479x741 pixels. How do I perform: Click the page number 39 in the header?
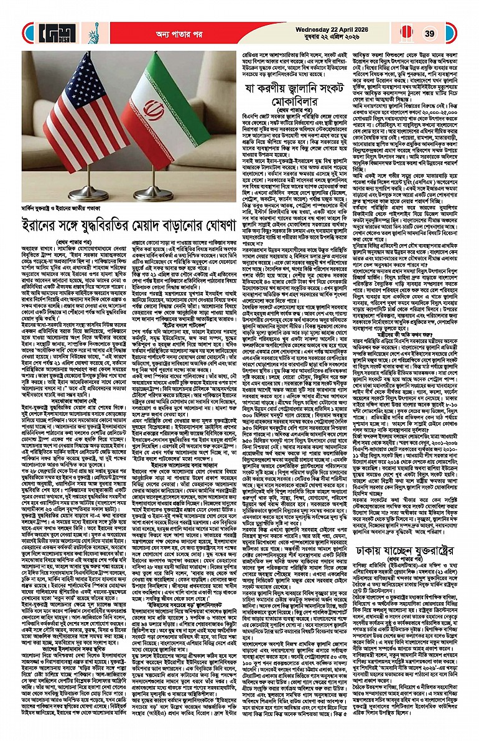[429, 33]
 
